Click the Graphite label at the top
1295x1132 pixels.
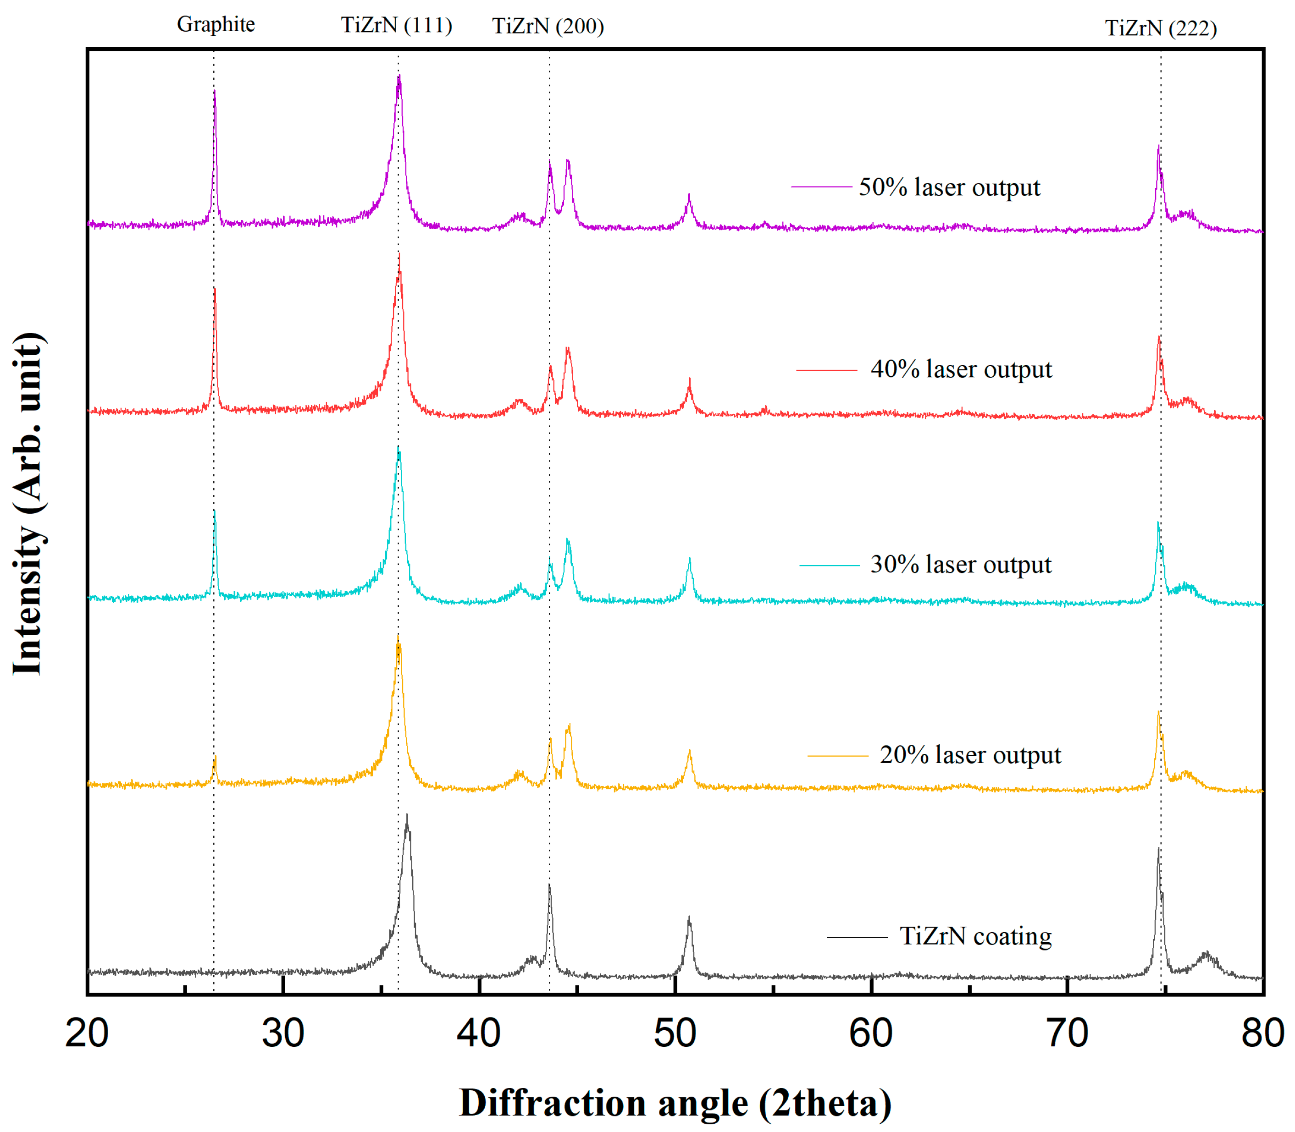pos(216,24)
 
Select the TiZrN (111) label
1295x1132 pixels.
pos(396,25)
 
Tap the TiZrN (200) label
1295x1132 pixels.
pos(548,26)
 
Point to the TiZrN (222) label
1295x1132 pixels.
pos(1160,28)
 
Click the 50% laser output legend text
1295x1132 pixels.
pos(949,187)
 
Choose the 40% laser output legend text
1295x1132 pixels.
pos(961,369)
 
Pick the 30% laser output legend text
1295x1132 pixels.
pos(960,565)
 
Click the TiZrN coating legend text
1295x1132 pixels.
pos(975,937)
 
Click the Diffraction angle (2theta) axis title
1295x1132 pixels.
pos(675,1103)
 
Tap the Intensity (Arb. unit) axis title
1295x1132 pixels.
pos(28,504)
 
